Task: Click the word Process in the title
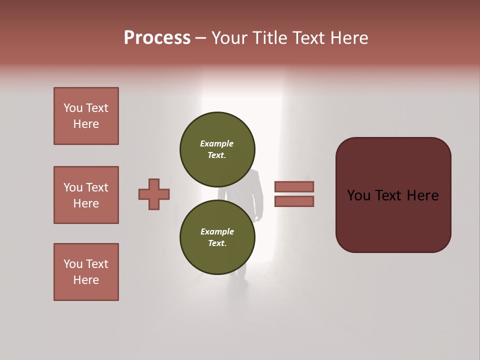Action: coord(157,38)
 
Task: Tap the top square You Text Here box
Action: coord(86,116)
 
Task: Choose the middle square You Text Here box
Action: coord(86,195)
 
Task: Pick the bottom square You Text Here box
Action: coord(86,272)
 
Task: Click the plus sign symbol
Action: coord(154,194)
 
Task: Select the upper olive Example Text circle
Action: coord(217,149)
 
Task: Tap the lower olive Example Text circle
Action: coord(217,237)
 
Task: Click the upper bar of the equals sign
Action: coord(294,186)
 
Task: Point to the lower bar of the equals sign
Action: coord(294,201)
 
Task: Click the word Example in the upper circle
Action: coord(216,144)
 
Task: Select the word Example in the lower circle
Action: coord(216,232)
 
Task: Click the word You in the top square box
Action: coord(73,108)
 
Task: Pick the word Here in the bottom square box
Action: coord(86,280)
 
